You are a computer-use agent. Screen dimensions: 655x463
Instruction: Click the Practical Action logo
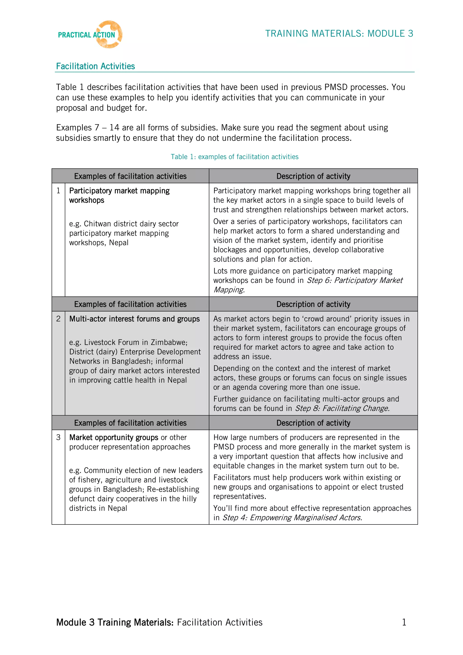click(90, 35)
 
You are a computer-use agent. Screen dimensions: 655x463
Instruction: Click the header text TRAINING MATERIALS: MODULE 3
click(339, 34)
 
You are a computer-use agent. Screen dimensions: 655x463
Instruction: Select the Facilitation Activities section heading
click(95, 66)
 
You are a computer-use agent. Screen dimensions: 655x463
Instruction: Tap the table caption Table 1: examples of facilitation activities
click(234, 157)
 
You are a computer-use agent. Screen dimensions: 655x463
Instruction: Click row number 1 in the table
click(59, 191)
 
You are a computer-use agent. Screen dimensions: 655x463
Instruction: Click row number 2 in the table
click(59, 319)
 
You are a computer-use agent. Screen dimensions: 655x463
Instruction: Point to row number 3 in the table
click(59, 437)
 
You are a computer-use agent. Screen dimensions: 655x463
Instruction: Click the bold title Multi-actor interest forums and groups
click(134, 319)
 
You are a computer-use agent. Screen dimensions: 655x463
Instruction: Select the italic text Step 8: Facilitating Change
click(342, 408)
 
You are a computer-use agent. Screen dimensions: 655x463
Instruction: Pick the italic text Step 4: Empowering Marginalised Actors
click(292, 517)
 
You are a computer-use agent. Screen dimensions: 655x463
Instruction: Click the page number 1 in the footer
click(404, 622)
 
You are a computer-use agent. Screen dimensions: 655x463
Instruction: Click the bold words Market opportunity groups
click(113, 437)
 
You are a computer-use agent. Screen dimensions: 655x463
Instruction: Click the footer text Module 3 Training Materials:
click(115, 622)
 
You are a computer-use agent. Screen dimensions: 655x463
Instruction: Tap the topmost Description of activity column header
click(313, 176)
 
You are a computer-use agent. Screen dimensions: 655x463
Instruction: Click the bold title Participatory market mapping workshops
click(119, 195)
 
